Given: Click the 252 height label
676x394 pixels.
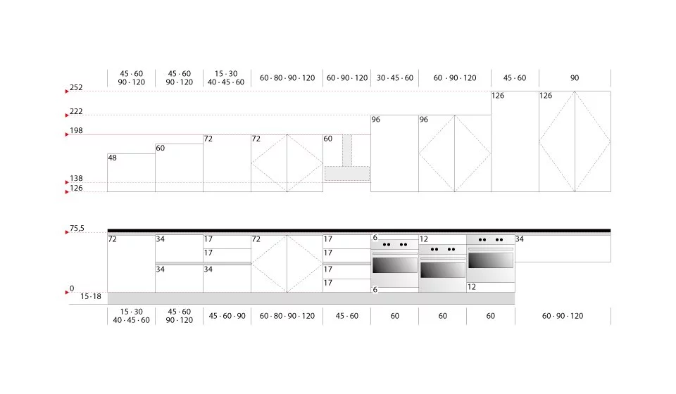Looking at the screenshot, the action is pyautogui.click(x=76, y=87).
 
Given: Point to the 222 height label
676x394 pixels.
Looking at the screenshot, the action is pyautogui.click(x=76, y=112).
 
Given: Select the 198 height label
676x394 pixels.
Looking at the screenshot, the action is pyautogui.click(x=76, y=130).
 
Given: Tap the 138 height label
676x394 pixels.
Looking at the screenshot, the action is pyautogui.click(x=76, y=178).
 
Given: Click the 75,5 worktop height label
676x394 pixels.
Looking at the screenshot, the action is pyautogui.click(x=77, y=228).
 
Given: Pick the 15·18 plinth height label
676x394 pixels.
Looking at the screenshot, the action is pyautogui.click(x=91, y=296).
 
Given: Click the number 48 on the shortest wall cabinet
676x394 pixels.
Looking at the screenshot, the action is pyautogui.click(x=113, y=158).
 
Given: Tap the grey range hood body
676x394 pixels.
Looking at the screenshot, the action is pyautogui.click(x=347, y=174).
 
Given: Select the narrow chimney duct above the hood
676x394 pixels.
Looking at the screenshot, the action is pyautogui.click(x=347, y=151).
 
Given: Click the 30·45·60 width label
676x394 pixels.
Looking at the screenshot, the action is pyautogui.click(x=395, y=78).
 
